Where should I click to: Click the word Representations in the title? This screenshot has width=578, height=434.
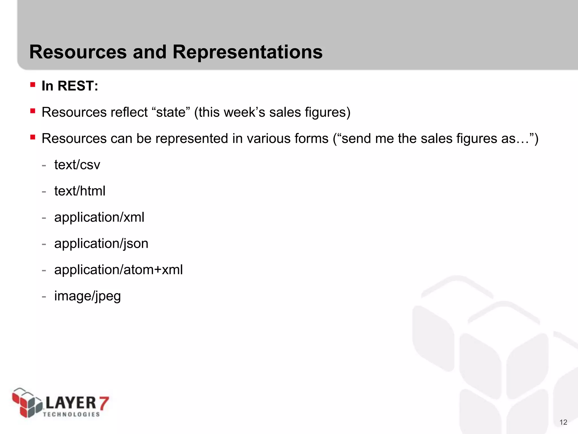click(x=247, y=52)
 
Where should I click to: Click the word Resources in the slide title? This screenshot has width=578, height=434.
click(x=78, y=52)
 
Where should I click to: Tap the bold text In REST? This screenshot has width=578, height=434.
click(x=70, y=86)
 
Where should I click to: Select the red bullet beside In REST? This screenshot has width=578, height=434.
click(x=33, y=85)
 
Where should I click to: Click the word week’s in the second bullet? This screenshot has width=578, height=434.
click(x=244, y=112)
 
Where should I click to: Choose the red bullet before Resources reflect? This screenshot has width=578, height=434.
click(x=33, y=111)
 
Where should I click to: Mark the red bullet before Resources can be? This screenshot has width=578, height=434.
click(x=33, y=137)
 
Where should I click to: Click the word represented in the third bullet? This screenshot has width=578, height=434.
click(x=192, y=139)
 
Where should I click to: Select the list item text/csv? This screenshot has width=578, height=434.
click(x=77, y=165)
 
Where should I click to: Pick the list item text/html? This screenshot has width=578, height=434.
click(x=80, y=191)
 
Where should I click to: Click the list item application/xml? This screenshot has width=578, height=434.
click(x=99, y=217)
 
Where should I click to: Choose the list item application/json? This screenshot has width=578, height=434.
click(x=101, y=244)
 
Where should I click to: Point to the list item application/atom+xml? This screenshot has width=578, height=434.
click(x=119, y=270)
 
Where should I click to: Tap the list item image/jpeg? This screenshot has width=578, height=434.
click(x=87, y=296)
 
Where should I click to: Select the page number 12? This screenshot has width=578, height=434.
click(x=563, y=422)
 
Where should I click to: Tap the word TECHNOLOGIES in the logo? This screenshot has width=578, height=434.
click(x=71, y=414)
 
